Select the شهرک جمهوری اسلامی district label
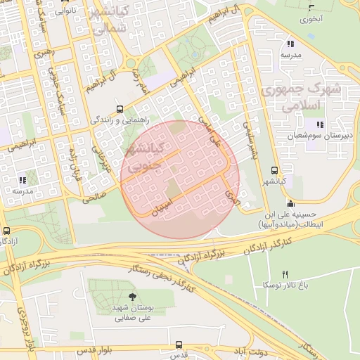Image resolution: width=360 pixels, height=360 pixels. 300,97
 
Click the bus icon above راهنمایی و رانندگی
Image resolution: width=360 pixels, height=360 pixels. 120,109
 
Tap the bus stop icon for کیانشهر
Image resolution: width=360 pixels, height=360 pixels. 274,170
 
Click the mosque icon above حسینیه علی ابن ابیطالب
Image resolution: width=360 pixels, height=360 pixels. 290,203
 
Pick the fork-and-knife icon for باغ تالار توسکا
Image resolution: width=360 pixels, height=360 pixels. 285,274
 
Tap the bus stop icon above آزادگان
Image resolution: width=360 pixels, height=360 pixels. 7,230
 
